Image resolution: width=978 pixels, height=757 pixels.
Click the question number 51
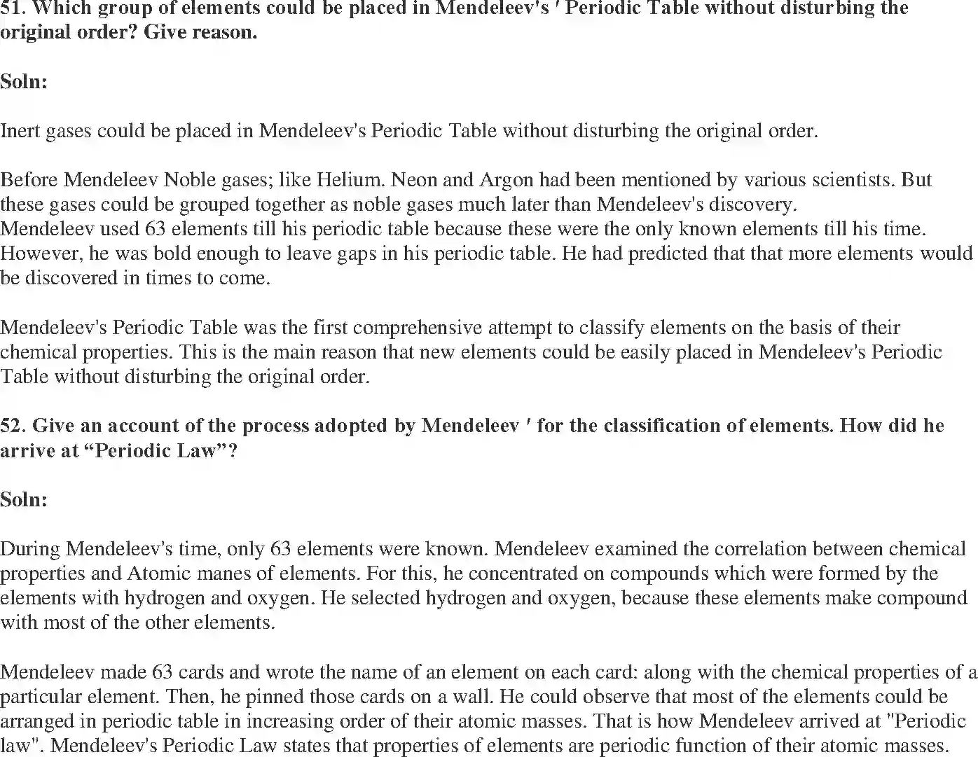tap(11, 8)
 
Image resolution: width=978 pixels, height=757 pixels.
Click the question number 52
tap(13, 426)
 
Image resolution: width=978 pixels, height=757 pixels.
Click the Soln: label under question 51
tap(24, 82)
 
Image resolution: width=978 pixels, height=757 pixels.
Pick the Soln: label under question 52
tap(24, 499)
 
